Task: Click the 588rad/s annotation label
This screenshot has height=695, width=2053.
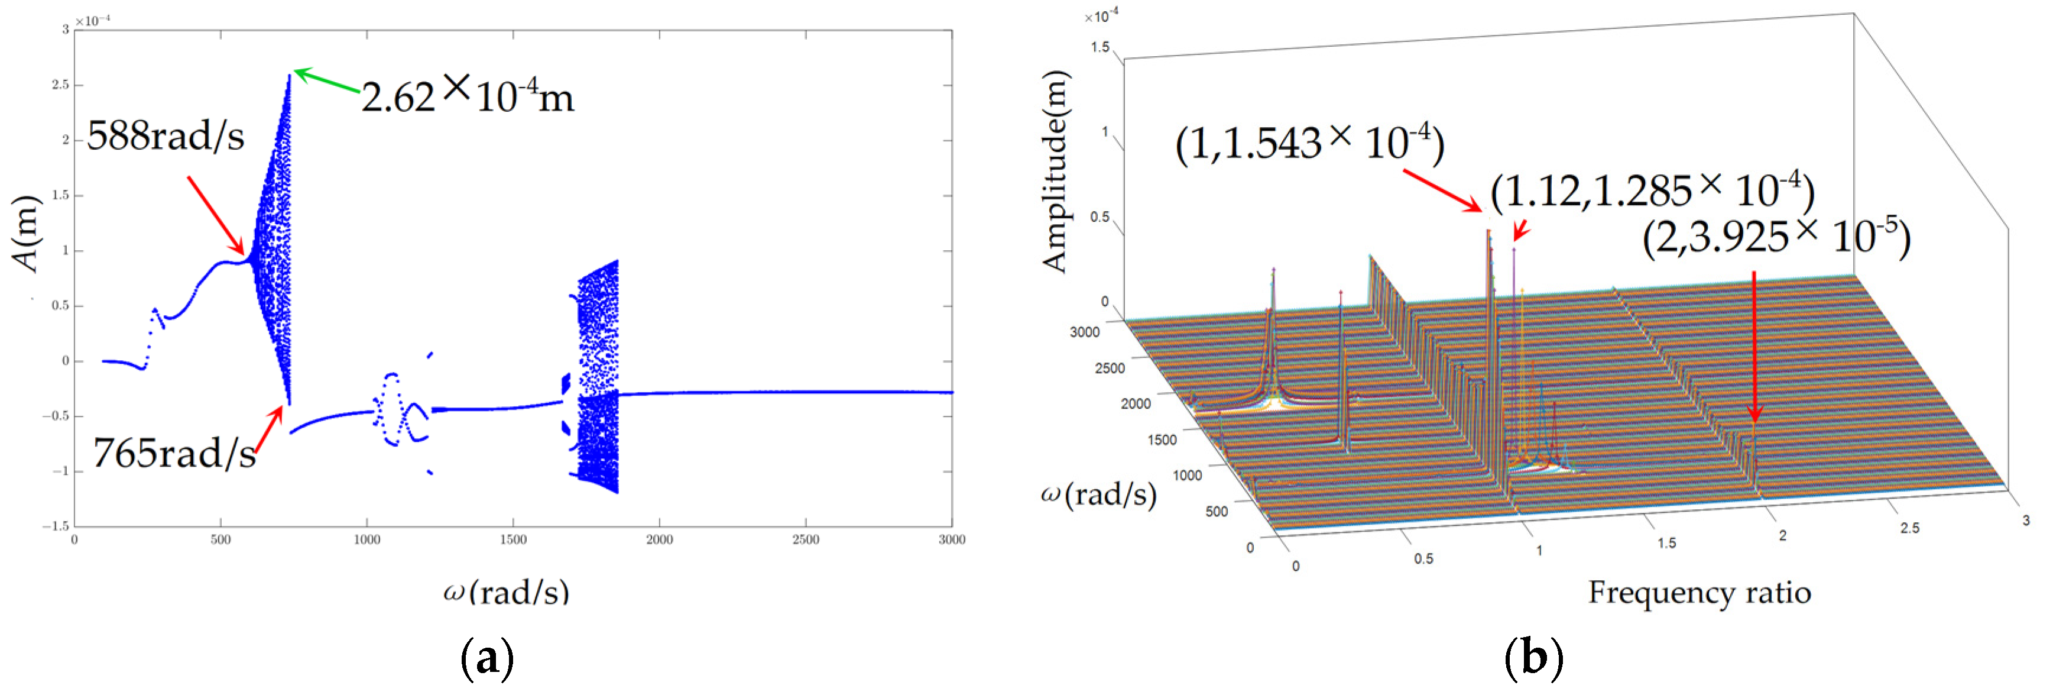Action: point(165,135)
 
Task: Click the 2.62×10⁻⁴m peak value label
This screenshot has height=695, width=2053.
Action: point(468,96)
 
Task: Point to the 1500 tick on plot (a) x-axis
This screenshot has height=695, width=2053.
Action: point(513,539)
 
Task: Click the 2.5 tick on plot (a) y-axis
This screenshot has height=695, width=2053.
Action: point(60,85)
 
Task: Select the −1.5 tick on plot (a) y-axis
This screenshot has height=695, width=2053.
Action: point(56,526)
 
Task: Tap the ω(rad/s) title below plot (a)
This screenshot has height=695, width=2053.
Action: point(506,591)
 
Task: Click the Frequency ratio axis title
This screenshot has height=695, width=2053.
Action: point(1699,592)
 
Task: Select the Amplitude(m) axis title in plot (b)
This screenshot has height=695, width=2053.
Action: point(1055,172)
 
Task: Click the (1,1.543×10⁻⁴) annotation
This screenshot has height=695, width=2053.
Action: point(1309,144)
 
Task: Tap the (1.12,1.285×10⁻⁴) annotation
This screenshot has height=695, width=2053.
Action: point(1652,191)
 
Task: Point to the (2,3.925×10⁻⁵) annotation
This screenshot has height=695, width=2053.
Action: point(1776,238)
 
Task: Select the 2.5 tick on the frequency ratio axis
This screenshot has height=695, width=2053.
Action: point(1909,528)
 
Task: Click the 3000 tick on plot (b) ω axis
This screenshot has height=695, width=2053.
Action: point(1085,332)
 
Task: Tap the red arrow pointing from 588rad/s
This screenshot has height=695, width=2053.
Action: point(216,214)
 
